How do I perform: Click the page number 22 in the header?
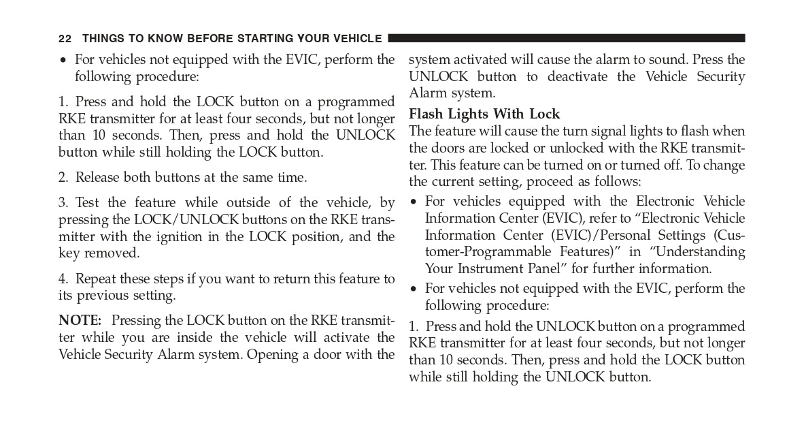coord(65,39)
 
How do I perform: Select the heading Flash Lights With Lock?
coord(484,114)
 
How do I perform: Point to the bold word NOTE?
coord(80,320)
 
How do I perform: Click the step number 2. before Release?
coord(63,178)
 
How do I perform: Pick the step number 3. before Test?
coord(63,202)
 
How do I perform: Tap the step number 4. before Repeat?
coord(63,279)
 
